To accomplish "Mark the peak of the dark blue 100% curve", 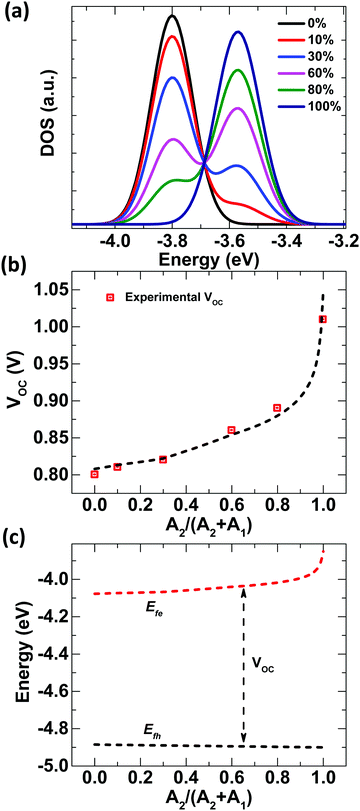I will (x=238, y=32).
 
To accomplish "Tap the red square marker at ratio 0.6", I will (x=231, y=430).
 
